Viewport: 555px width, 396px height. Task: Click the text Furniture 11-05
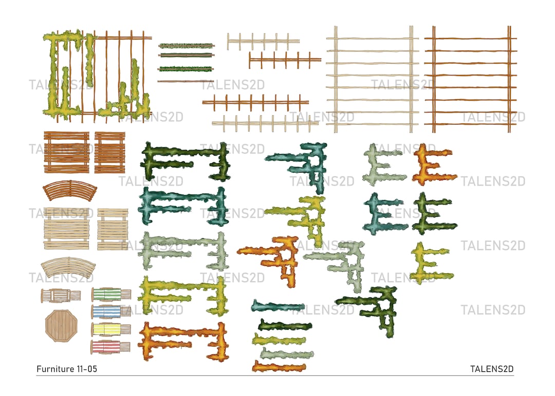click(66, 369)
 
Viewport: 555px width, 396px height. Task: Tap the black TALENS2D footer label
click(492, 369)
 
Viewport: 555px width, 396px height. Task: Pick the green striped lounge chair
click(110, 294)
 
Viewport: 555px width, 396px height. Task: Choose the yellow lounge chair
click(110, 329)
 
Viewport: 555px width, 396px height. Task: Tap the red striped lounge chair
click(110, 347)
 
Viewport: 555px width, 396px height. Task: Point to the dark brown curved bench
click(69, 192)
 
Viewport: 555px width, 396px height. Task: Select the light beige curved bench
click(68, 268)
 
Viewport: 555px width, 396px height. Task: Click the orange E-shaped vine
click(433, 165)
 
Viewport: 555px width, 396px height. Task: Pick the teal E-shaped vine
click(385, 214)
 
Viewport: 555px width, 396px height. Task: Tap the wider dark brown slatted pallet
click(66, 152)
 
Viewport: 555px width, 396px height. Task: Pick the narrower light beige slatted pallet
click(113, 229)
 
